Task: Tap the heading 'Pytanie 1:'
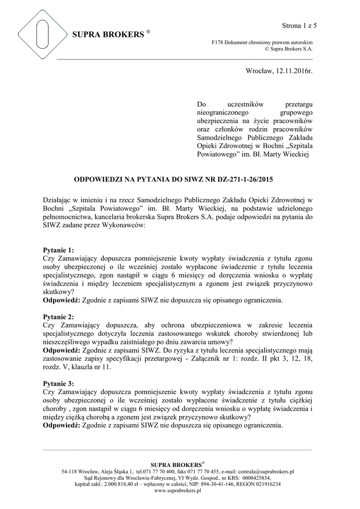coord(59,250)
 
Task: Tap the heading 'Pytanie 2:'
coord(59,317)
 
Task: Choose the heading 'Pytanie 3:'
coord(59,383)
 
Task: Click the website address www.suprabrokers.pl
coord(178,490)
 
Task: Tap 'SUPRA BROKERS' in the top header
coord(107,35)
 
